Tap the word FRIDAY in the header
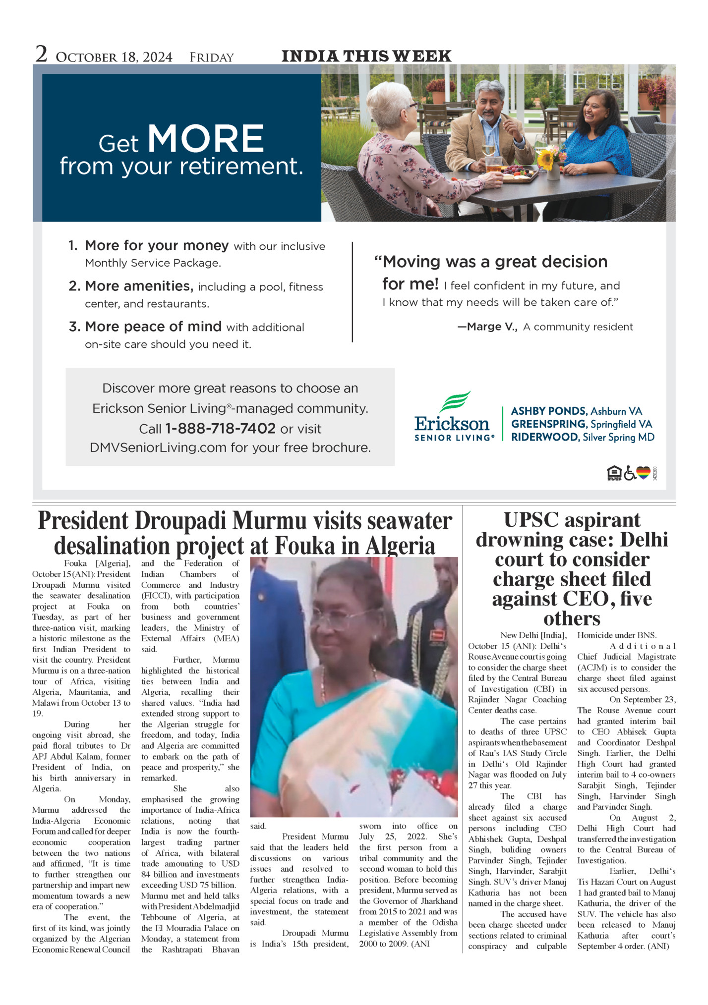(x=211, y=57)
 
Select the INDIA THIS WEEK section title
(x=366, y=56)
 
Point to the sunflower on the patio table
(x=545, y=159)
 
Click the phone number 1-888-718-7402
(x=220, y=428)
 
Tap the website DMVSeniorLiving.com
(x=158, y=447)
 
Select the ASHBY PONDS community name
(x=548, y=411)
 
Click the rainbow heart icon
(x=643, y=473)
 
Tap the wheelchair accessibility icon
(x=630, y=473)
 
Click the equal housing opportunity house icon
(x=614, y=473)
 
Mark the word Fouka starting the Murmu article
(x=75, y=563)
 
